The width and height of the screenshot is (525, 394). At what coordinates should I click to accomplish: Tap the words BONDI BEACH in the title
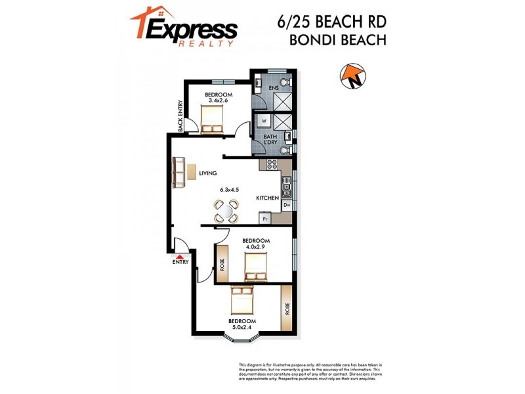[337, 39]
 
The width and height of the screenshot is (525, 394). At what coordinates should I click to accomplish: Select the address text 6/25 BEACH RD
[331, 21]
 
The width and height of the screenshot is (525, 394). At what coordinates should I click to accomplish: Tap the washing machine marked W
[264, 121]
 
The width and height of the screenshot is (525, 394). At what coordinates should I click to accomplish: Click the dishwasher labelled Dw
[286, 206]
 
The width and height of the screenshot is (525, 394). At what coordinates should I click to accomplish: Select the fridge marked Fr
[266, 218]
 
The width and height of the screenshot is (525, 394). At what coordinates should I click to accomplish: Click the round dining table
[225, 211]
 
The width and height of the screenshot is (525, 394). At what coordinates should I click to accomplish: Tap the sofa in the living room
[178, 173]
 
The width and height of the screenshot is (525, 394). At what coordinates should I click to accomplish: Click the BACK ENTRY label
[180, 116]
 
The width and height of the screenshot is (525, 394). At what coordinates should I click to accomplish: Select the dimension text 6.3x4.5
[229, 190]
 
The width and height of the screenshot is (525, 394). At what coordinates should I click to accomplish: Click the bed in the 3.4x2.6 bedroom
[212, 119]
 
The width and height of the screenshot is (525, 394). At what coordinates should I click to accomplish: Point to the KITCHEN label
[268, 198]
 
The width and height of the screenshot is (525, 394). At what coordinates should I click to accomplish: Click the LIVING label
[208, 173]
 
